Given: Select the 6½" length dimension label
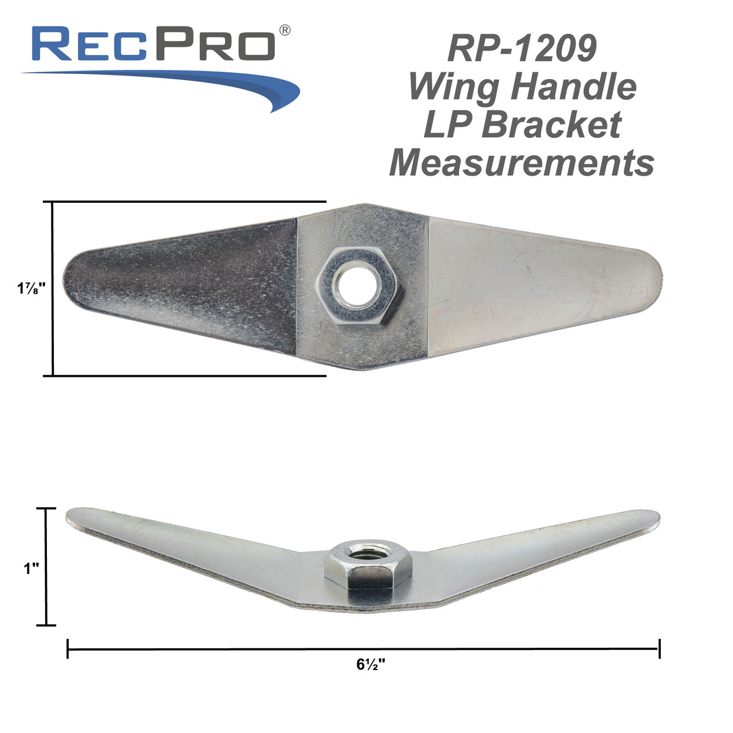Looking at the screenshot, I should tap(371, 665).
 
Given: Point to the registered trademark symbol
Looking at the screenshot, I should tap(284, 30).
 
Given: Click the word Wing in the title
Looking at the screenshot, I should tap(454, 87).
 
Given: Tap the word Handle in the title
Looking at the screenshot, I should tap(573, 86).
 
